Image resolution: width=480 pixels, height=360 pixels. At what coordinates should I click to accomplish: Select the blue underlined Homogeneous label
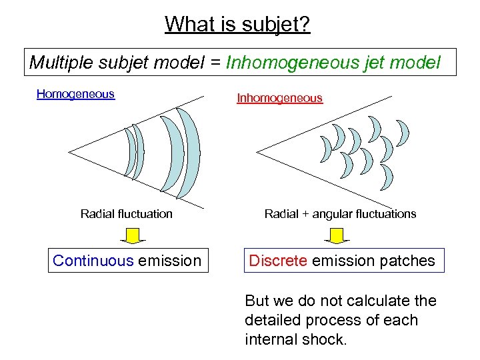(x=75, y=94)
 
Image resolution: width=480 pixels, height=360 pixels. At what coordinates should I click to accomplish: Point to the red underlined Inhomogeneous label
(x=279, y=98)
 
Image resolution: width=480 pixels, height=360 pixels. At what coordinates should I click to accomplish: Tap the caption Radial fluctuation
(x=126, y=214)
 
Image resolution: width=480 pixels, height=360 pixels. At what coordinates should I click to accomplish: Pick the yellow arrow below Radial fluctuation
(x=133, y=236)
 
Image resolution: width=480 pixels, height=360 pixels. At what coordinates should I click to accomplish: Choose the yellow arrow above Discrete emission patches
(x=337, y=236)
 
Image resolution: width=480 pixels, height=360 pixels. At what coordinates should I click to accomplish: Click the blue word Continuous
(x=93, y=261)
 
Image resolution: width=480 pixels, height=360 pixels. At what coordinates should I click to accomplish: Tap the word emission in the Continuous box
(x=169, y=261)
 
